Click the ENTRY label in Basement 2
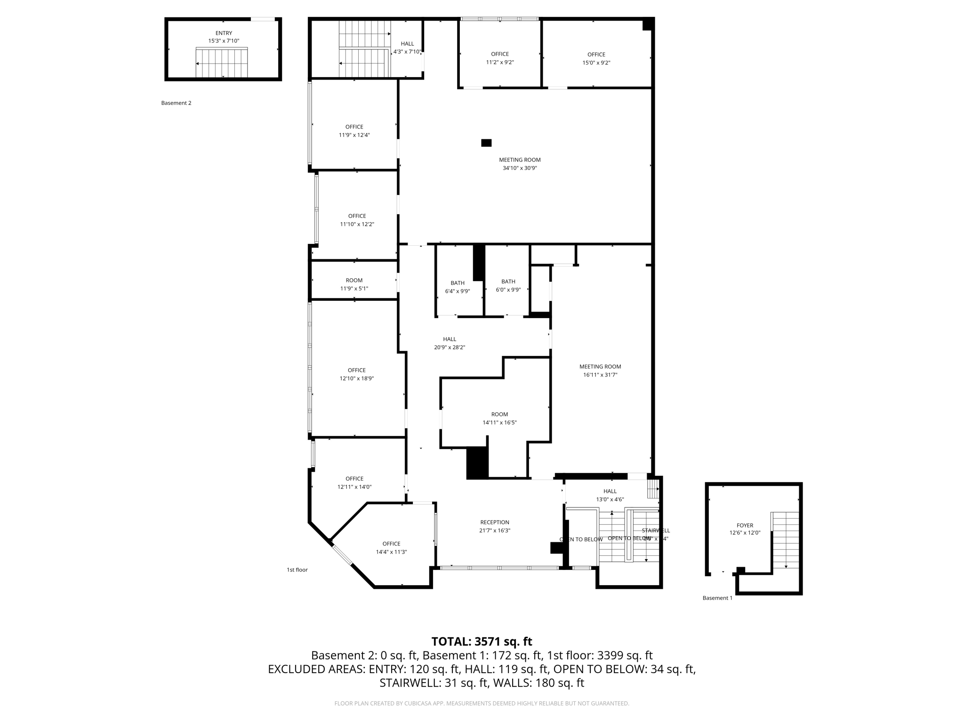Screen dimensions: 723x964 tap(224, 33)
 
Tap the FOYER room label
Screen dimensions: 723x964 tap(745, 525)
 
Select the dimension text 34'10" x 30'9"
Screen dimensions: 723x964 tap(520, 168)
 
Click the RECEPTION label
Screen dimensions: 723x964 tap(495, 522)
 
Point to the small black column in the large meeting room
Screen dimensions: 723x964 tap(486, 143)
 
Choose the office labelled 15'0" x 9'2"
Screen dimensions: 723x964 tap(596, 58)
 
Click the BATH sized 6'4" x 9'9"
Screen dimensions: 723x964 tap(458, 287)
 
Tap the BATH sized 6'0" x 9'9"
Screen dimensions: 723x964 tap(508, 286)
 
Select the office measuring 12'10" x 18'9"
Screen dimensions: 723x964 tap(357, 374)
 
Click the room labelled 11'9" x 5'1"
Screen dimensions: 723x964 tap(354, 284)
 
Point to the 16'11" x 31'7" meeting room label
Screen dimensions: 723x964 tap(600, 371)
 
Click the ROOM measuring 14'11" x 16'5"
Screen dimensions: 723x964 tap(499, 418)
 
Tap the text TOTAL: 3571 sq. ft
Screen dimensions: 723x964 tap(482, 642)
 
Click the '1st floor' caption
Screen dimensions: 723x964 tap(297, 570)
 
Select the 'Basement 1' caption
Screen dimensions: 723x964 tap(717, 598)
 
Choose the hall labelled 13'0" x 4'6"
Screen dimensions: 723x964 tap(610, 495)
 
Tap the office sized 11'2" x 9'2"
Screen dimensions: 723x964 tap(500, 58)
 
